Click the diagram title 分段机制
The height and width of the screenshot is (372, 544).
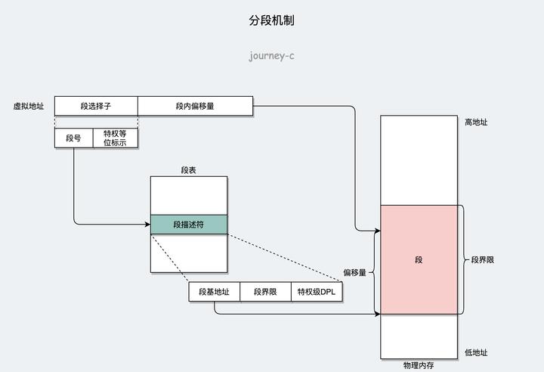(271, 20)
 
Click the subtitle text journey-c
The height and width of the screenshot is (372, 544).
(271, 55)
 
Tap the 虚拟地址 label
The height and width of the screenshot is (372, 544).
(29, 107)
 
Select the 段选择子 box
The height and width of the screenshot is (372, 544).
(96, 107)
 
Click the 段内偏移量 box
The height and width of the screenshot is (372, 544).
(195, 107)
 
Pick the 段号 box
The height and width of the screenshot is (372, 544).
(73, 138)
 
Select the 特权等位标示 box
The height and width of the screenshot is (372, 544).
(115, 138)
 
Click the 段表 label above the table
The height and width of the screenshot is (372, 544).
(189, 170)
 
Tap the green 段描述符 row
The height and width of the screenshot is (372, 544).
(189, 225)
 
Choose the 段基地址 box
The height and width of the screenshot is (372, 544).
(214, 292)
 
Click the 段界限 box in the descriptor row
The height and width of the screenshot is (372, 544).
(265, 292)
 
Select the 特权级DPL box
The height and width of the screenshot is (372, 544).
(316, 292)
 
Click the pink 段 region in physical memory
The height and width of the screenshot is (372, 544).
(419, 260)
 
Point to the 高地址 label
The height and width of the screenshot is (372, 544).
(475, 122)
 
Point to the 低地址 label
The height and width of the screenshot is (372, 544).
(475, 352)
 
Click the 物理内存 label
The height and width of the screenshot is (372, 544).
(419, 365)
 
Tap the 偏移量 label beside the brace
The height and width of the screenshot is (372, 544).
(354, 272)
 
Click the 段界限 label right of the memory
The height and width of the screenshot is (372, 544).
(482, 260)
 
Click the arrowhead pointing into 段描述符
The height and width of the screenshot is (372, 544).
(147, 224)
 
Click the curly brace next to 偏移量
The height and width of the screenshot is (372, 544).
(373, 272)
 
